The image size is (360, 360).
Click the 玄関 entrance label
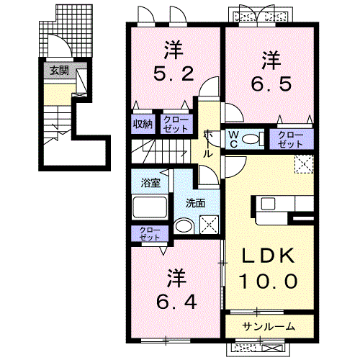click(59, 71)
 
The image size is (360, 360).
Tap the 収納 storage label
click(143, 124)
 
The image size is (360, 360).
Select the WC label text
click(233, 139)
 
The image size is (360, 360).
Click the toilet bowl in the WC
click(251, 139)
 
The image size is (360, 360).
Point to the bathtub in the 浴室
click(150, 207)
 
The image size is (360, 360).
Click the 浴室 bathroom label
click(150, 183)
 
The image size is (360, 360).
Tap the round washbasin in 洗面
click(184, 226)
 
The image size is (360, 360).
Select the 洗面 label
click(196, 203)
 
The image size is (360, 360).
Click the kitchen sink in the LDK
click(268, 204)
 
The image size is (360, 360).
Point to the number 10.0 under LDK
click(269, 281)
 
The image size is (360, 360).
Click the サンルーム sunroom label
click(269, 327)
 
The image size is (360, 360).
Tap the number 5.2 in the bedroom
click(174, 73)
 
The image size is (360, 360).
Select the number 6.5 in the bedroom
click(271, 84)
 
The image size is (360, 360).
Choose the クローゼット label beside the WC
click(291, 140)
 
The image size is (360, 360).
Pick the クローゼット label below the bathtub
click(150, 234)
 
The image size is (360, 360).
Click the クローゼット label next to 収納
click(176, 125)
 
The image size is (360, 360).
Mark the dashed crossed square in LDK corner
click(304, 164)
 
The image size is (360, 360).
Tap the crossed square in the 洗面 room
click(210, 225)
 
